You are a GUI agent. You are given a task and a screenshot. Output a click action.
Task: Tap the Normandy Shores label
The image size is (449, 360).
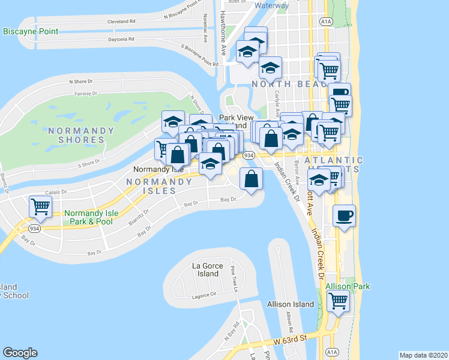(x=81, y=135)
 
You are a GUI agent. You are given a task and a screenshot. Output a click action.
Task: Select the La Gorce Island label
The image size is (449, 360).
(x=208, y=269)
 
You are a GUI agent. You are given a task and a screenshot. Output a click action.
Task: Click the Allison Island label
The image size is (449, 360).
(x=291, y=304)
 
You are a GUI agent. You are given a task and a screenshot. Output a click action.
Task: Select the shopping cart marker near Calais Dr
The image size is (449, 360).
(x=41, y=207)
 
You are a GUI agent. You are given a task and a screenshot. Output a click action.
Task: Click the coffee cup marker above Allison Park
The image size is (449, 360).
(x=345, y=214)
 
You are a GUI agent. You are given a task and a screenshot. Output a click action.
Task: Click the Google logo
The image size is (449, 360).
(x=20, y=353)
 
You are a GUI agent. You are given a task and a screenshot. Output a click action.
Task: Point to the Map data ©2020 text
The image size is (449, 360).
(x=423, y=355)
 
